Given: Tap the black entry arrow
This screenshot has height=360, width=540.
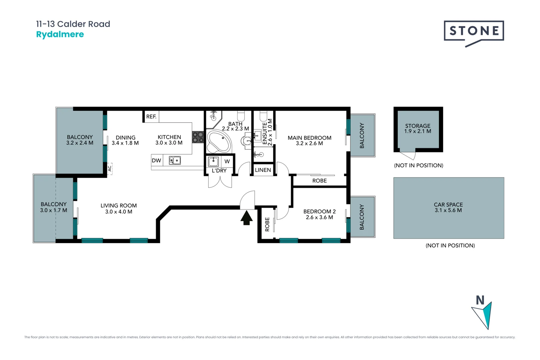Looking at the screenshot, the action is coord(246,218).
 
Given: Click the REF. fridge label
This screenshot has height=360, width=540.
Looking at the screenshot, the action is coord(151,117).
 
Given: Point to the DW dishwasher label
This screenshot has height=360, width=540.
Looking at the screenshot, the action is coord(156,160).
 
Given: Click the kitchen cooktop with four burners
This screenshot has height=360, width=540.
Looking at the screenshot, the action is coord(198,137).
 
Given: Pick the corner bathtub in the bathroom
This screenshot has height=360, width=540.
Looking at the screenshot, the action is coord(218,142).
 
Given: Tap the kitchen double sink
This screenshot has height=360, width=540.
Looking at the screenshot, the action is coord(175,160).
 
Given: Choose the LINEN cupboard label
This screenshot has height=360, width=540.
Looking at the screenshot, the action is coord(263,170).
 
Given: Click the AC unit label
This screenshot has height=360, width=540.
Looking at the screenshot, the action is coord(110,168).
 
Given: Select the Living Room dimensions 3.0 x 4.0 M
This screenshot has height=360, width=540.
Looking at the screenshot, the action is coord(119,212).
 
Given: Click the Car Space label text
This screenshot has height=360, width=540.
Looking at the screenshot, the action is coord(448,204).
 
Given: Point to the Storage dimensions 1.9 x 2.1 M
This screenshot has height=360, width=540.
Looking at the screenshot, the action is coord(418,131).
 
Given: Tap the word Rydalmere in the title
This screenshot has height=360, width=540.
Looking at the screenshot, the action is coord(60,34).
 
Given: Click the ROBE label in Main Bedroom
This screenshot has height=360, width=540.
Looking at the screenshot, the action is coord(319,181).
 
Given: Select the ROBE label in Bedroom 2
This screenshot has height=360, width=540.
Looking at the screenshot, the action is coord(267,224).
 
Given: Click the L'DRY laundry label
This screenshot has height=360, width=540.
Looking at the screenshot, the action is coord(219,171).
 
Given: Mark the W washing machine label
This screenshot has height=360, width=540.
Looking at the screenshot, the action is coord(227,161).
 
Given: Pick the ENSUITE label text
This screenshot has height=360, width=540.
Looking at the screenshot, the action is coord(265,133).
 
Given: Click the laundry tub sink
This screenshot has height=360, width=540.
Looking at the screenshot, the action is coord(213,162).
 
